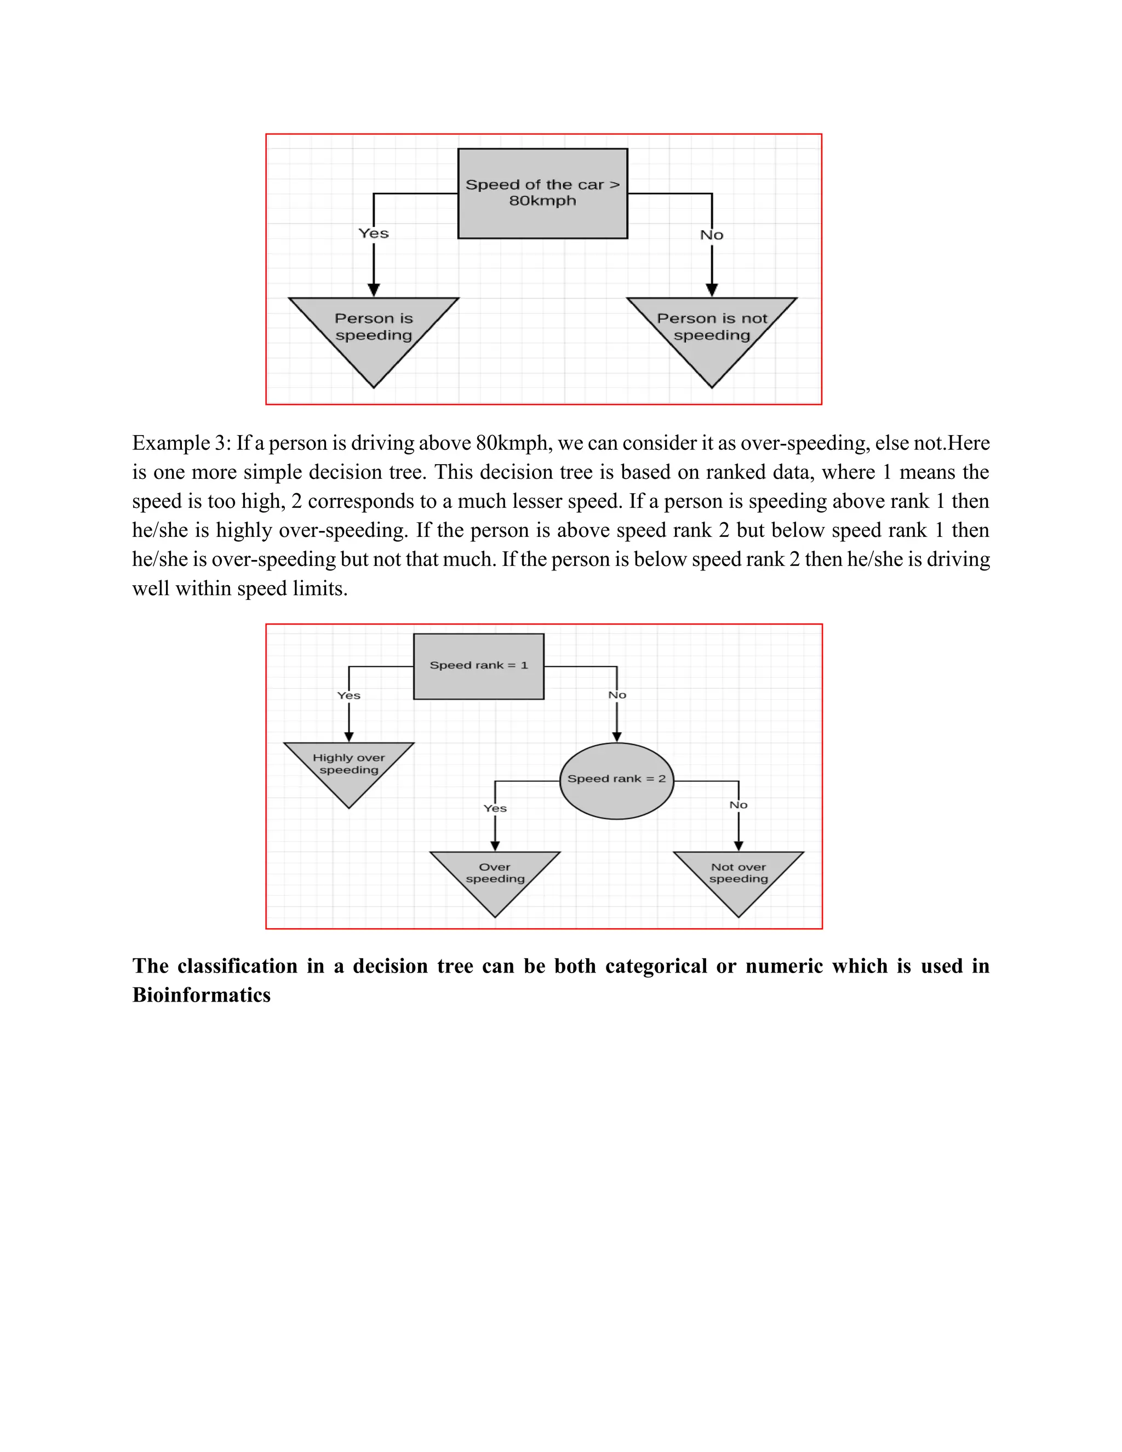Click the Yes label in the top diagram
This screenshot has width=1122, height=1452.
(374, 233)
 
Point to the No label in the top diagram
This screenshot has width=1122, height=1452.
(711, 235)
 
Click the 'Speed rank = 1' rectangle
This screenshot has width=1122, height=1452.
(479, 666)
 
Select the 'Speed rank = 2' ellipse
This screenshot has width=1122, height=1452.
(616, 780)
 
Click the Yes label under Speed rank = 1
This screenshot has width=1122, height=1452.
(349, 695)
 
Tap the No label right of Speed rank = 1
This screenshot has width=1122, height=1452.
(617, 695)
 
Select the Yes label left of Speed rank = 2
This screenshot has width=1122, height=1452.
(495, 808)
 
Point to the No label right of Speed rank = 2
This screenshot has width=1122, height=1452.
(739, 805)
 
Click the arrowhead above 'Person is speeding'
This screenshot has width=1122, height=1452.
(374, 290)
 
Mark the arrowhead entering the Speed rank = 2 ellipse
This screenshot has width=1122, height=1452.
(617, 736)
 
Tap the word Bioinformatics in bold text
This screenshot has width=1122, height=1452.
(202, 995)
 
